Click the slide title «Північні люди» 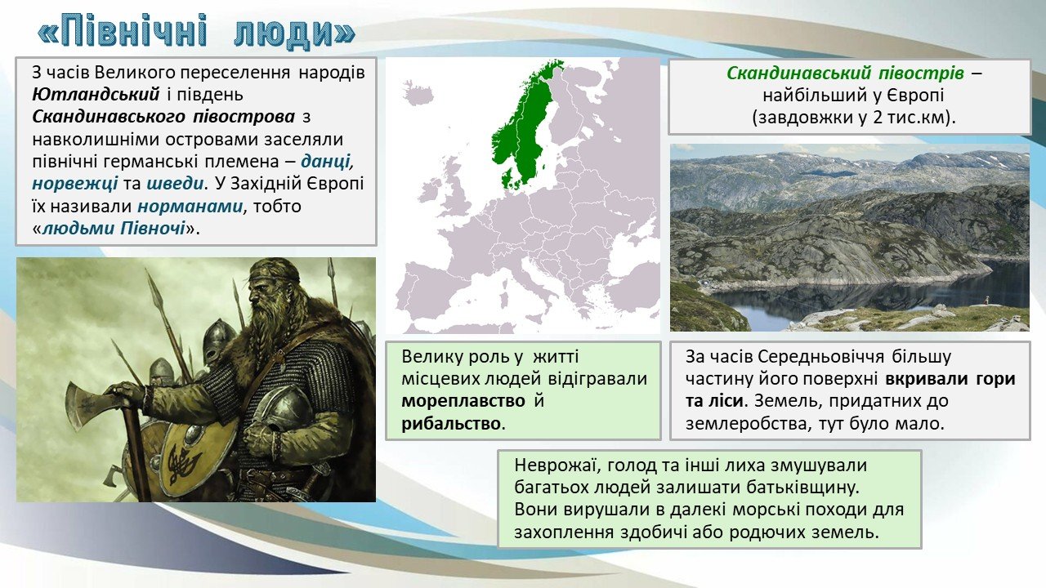[x=196, y=31]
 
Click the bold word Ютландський [x=96, y=95]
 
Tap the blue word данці [x=326, y=162]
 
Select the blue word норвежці [x=74, y=184]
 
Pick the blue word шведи [x=175, y=184]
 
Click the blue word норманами [x=190, y=207]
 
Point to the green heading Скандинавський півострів [x=845, y=73]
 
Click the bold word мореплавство [x=463, y=401]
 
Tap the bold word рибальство [x=451, y=424]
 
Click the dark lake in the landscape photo [x=864, y=294]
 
